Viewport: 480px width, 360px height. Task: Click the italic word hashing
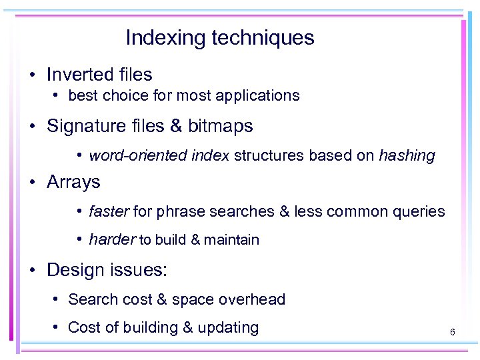tap(407, 156)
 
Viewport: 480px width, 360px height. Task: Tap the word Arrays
tap(73, 182)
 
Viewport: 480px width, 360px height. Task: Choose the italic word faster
tap(109, 212)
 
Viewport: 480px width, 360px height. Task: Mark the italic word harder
tap(112, 240)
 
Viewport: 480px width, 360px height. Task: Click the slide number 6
tap(452, 331)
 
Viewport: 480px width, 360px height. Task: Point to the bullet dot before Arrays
tap(32, 183)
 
